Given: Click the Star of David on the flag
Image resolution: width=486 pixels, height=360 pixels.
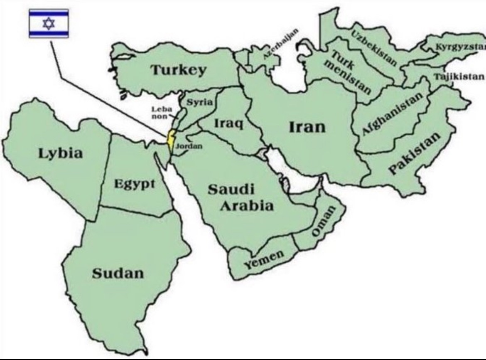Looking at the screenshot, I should pos(49,23).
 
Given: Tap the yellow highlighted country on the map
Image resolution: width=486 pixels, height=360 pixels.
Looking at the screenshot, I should pos(170,140).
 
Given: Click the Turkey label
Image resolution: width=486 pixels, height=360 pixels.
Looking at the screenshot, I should pos(178,70).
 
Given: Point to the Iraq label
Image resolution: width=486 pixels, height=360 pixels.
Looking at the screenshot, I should pos(228,123).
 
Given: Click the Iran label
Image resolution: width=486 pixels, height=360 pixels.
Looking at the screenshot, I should pos(307,126).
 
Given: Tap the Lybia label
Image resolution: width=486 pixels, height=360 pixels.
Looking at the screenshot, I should pos(61,153).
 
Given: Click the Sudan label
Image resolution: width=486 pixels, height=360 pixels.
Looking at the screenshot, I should pos(118,273).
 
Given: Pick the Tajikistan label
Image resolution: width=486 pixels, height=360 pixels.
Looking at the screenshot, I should pos(459,77).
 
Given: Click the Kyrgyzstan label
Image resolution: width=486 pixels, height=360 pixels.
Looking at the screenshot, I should pos(459,47).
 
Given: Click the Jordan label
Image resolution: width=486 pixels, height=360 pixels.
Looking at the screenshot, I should pos(189,146).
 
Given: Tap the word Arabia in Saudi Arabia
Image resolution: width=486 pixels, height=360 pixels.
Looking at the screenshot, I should pos(247,206).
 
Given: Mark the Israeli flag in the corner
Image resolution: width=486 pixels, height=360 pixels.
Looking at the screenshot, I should pos(49,23).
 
